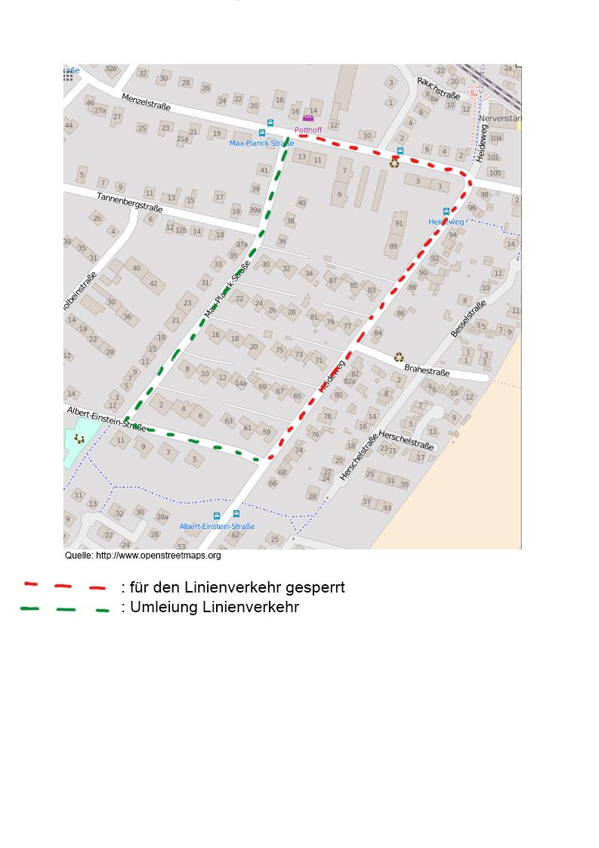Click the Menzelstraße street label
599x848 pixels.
click(x=147, y=101)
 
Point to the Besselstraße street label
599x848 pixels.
click(x=468, y=319)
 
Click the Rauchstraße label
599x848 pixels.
click(x=438, y=88)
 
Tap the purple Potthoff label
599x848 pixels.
click(x=308, y=130)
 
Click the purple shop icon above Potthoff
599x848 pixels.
click(x=308, y=119)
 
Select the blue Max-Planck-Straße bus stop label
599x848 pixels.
click(x=261, y=143)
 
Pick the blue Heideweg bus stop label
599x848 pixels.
click(x=446, y=222)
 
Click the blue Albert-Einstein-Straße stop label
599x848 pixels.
click(x=217, y=526)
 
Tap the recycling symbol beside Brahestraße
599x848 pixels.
click(x=399, y=357)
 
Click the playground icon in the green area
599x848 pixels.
click(x=79, y=438)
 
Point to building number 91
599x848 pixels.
click(x=399, y=224)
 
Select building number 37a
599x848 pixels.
click(x=241, y=245)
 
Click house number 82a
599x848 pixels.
click(x=350, y=382)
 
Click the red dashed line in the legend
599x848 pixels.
click(x=65, y=586)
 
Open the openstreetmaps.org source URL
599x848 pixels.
click(x=158, y=556)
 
